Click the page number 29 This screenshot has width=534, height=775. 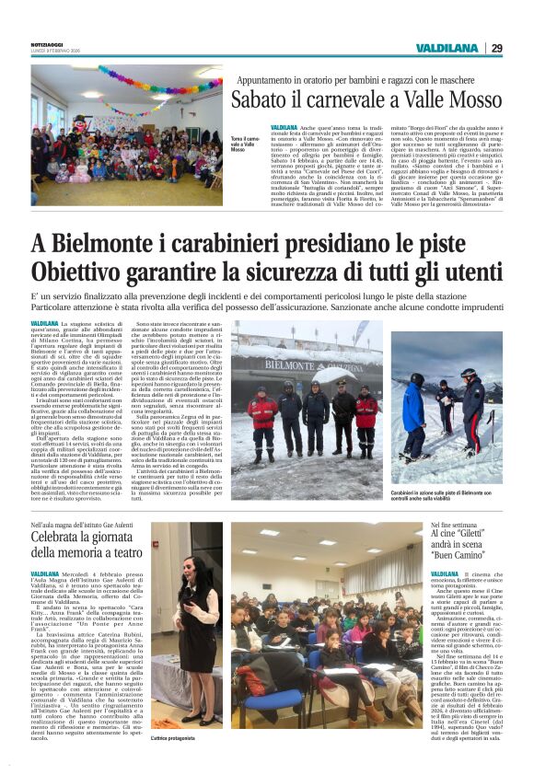click(496, 48)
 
